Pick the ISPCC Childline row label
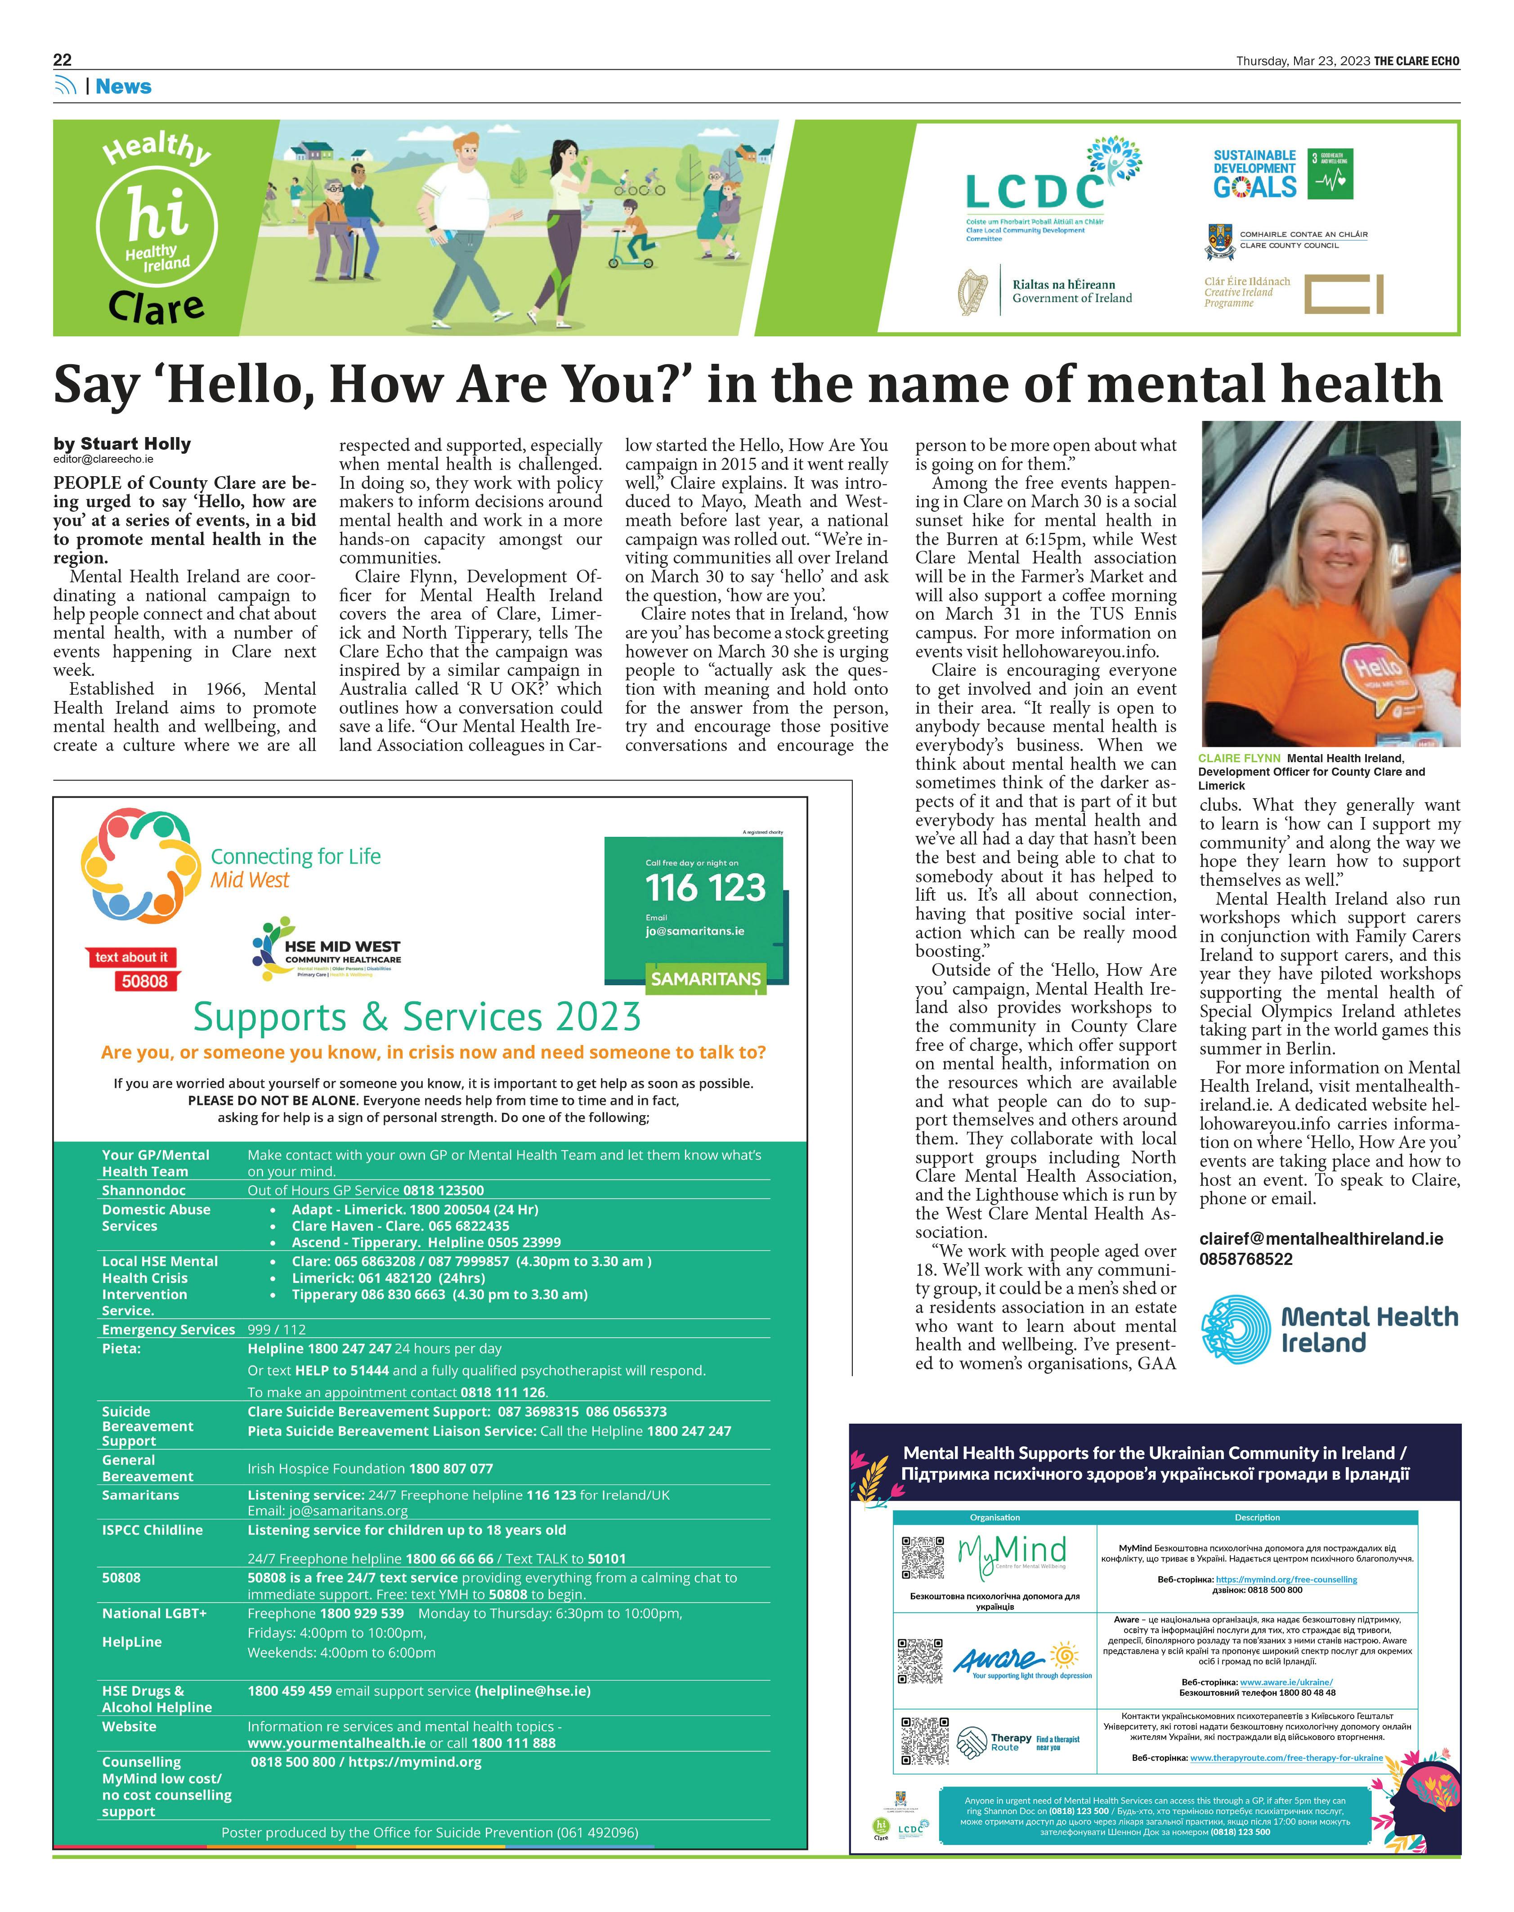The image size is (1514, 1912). pyautogui.click(x=152, y=1530)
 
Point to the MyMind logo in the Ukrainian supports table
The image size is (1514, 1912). pyautogui.click(x=1012, y=1552)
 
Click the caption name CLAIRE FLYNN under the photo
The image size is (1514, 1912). pyautogui.click(x=1239, y=759)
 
